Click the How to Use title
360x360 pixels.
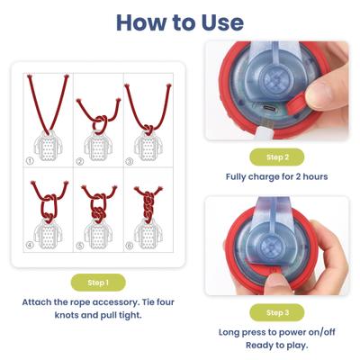point(179,22)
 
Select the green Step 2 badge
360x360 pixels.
point(278,157)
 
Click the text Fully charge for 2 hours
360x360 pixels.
point(277,176)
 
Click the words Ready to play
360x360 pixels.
point(277,346)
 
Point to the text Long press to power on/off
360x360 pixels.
point(277,332)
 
